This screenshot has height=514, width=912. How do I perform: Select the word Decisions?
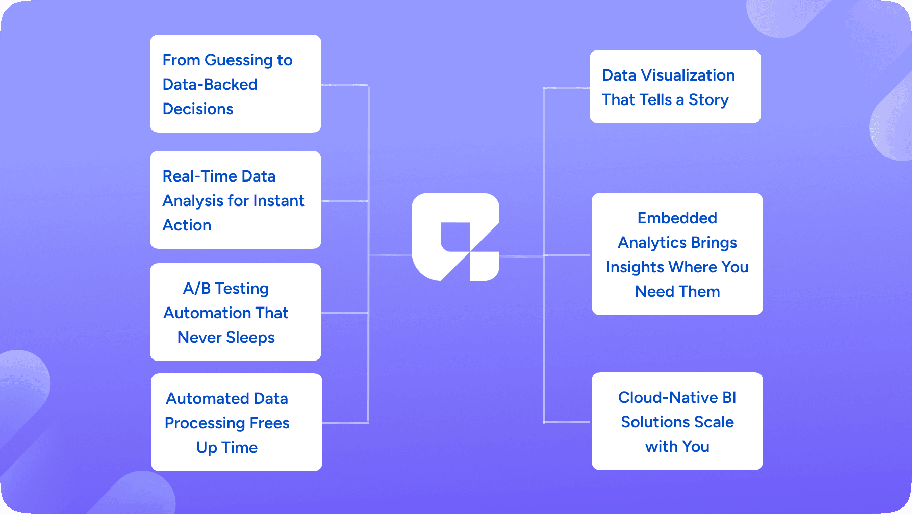198,109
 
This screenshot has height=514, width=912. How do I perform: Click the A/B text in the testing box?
197,289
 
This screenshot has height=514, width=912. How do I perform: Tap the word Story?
708,100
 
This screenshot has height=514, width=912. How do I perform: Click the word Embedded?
677,218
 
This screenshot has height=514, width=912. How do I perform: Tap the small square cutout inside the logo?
454,237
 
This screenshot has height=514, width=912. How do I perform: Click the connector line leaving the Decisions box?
345,85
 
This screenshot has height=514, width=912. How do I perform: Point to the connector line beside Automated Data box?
345,423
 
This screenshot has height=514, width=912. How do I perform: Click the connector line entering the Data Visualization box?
566,88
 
